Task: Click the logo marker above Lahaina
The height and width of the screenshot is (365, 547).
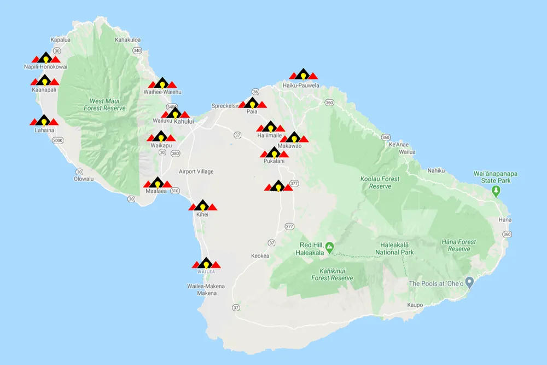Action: point(44,119)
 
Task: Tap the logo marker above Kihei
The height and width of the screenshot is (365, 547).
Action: point(203,206)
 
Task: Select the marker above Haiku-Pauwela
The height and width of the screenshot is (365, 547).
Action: point(302,75)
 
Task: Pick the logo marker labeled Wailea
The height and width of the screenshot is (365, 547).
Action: point(206,264)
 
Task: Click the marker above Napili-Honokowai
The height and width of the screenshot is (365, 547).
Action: point(45,58)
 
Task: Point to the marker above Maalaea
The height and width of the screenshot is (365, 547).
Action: point(156,183)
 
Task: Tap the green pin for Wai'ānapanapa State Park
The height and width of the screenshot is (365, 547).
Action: point(496,191)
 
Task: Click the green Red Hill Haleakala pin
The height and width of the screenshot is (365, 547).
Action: point(329,248)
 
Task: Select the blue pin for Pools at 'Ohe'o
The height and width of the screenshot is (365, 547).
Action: point(469,283)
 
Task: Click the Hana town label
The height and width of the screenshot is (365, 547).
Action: point(504,220)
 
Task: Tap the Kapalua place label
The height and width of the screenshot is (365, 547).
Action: point(61,40)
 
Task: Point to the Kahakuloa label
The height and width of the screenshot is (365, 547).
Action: point(127,40)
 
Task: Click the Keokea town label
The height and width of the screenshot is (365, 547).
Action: point(260,256)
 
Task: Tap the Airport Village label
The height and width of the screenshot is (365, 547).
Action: point(196,172)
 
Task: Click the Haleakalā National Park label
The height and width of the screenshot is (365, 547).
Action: point(394,249)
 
